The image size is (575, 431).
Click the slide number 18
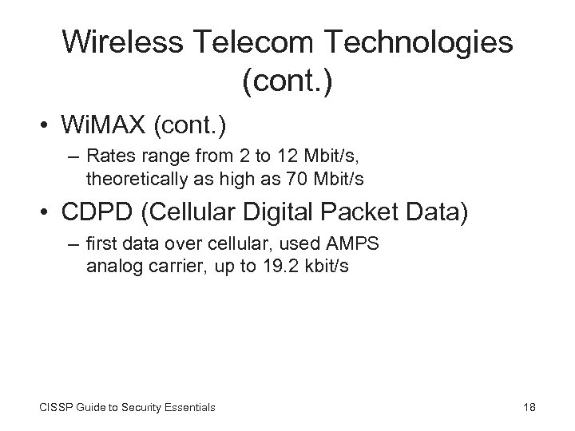coord(528,407)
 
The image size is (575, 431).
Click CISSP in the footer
coord(53,407)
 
